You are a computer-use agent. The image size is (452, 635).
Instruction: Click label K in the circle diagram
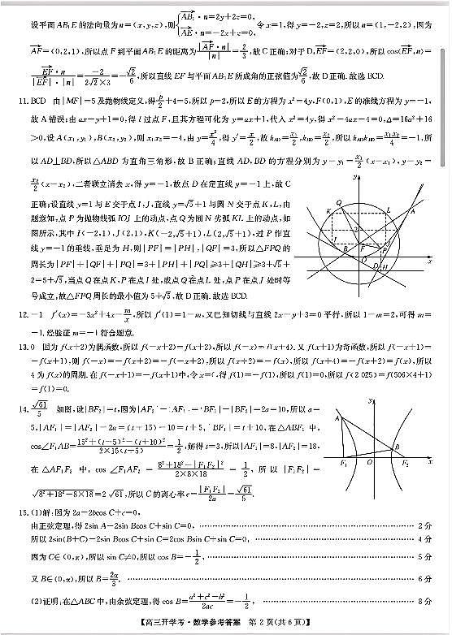coord(328,211)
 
